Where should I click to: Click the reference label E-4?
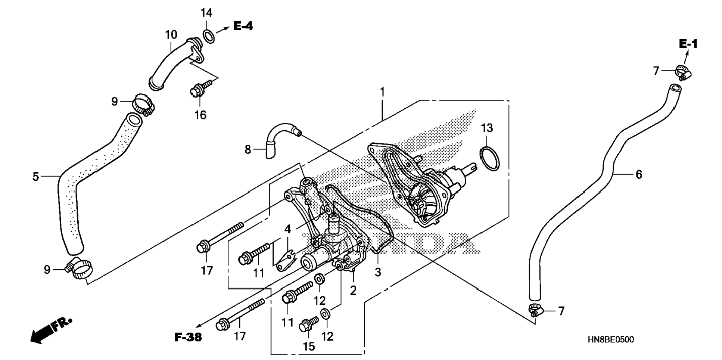click(243, 26)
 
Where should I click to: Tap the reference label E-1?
click(688, 44)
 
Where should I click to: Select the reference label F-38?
click(188, 338)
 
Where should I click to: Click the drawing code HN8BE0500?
click(611, 339)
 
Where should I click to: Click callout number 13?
click(487, 128)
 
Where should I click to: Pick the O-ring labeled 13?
click(489, 158)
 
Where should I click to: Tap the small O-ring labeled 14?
click(209, 37)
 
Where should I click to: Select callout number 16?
click(200, 115)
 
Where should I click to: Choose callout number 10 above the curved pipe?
click(171, 35)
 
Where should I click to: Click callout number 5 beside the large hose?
click(36, 176)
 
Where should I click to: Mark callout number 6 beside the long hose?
click(639, 174)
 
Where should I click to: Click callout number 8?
click(248, 149)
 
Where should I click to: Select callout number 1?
click(382, 91)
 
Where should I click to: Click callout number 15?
click(309, 346)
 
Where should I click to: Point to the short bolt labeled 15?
click(308, 325)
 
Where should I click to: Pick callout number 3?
click(378, 272)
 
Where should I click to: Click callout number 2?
click(353, 290)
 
